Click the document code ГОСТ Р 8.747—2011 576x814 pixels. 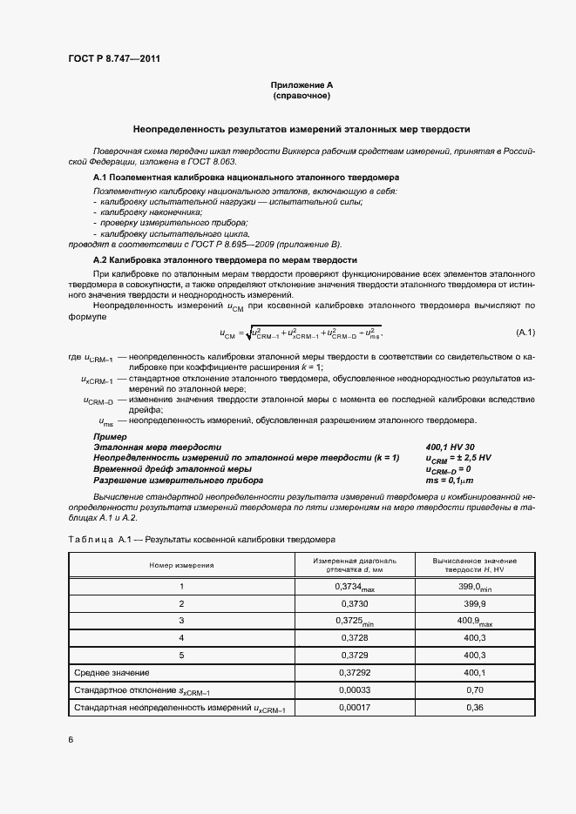pyautogui.click(x=113, y=58)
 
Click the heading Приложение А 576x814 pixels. pyautogui.click(x=302, y=84)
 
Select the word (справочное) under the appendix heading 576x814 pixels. pyautogui.click(x=302, y=95)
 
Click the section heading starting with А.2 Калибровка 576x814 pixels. pyautogui.click(x=225, y=259)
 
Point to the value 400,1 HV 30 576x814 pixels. pyautogui.click(x=450, y=446)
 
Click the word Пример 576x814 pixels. pyautogui.click(x=110, y=435)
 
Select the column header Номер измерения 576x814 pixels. pyautogui.click(x=181, y=564)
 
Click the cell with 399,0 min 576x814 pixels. pyautogui.click(x=475, y=588)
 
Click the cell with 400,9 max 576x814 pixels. pyautogui.click(x=475, y=621)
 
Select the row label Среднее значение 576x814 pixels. pyautogui.click(x=112, y=672)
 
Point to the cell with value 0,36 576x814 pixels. pyautogui.click(x=475, y=707)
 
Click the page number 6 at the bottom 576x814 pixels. pyautogui.click(x=71, y=740)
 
